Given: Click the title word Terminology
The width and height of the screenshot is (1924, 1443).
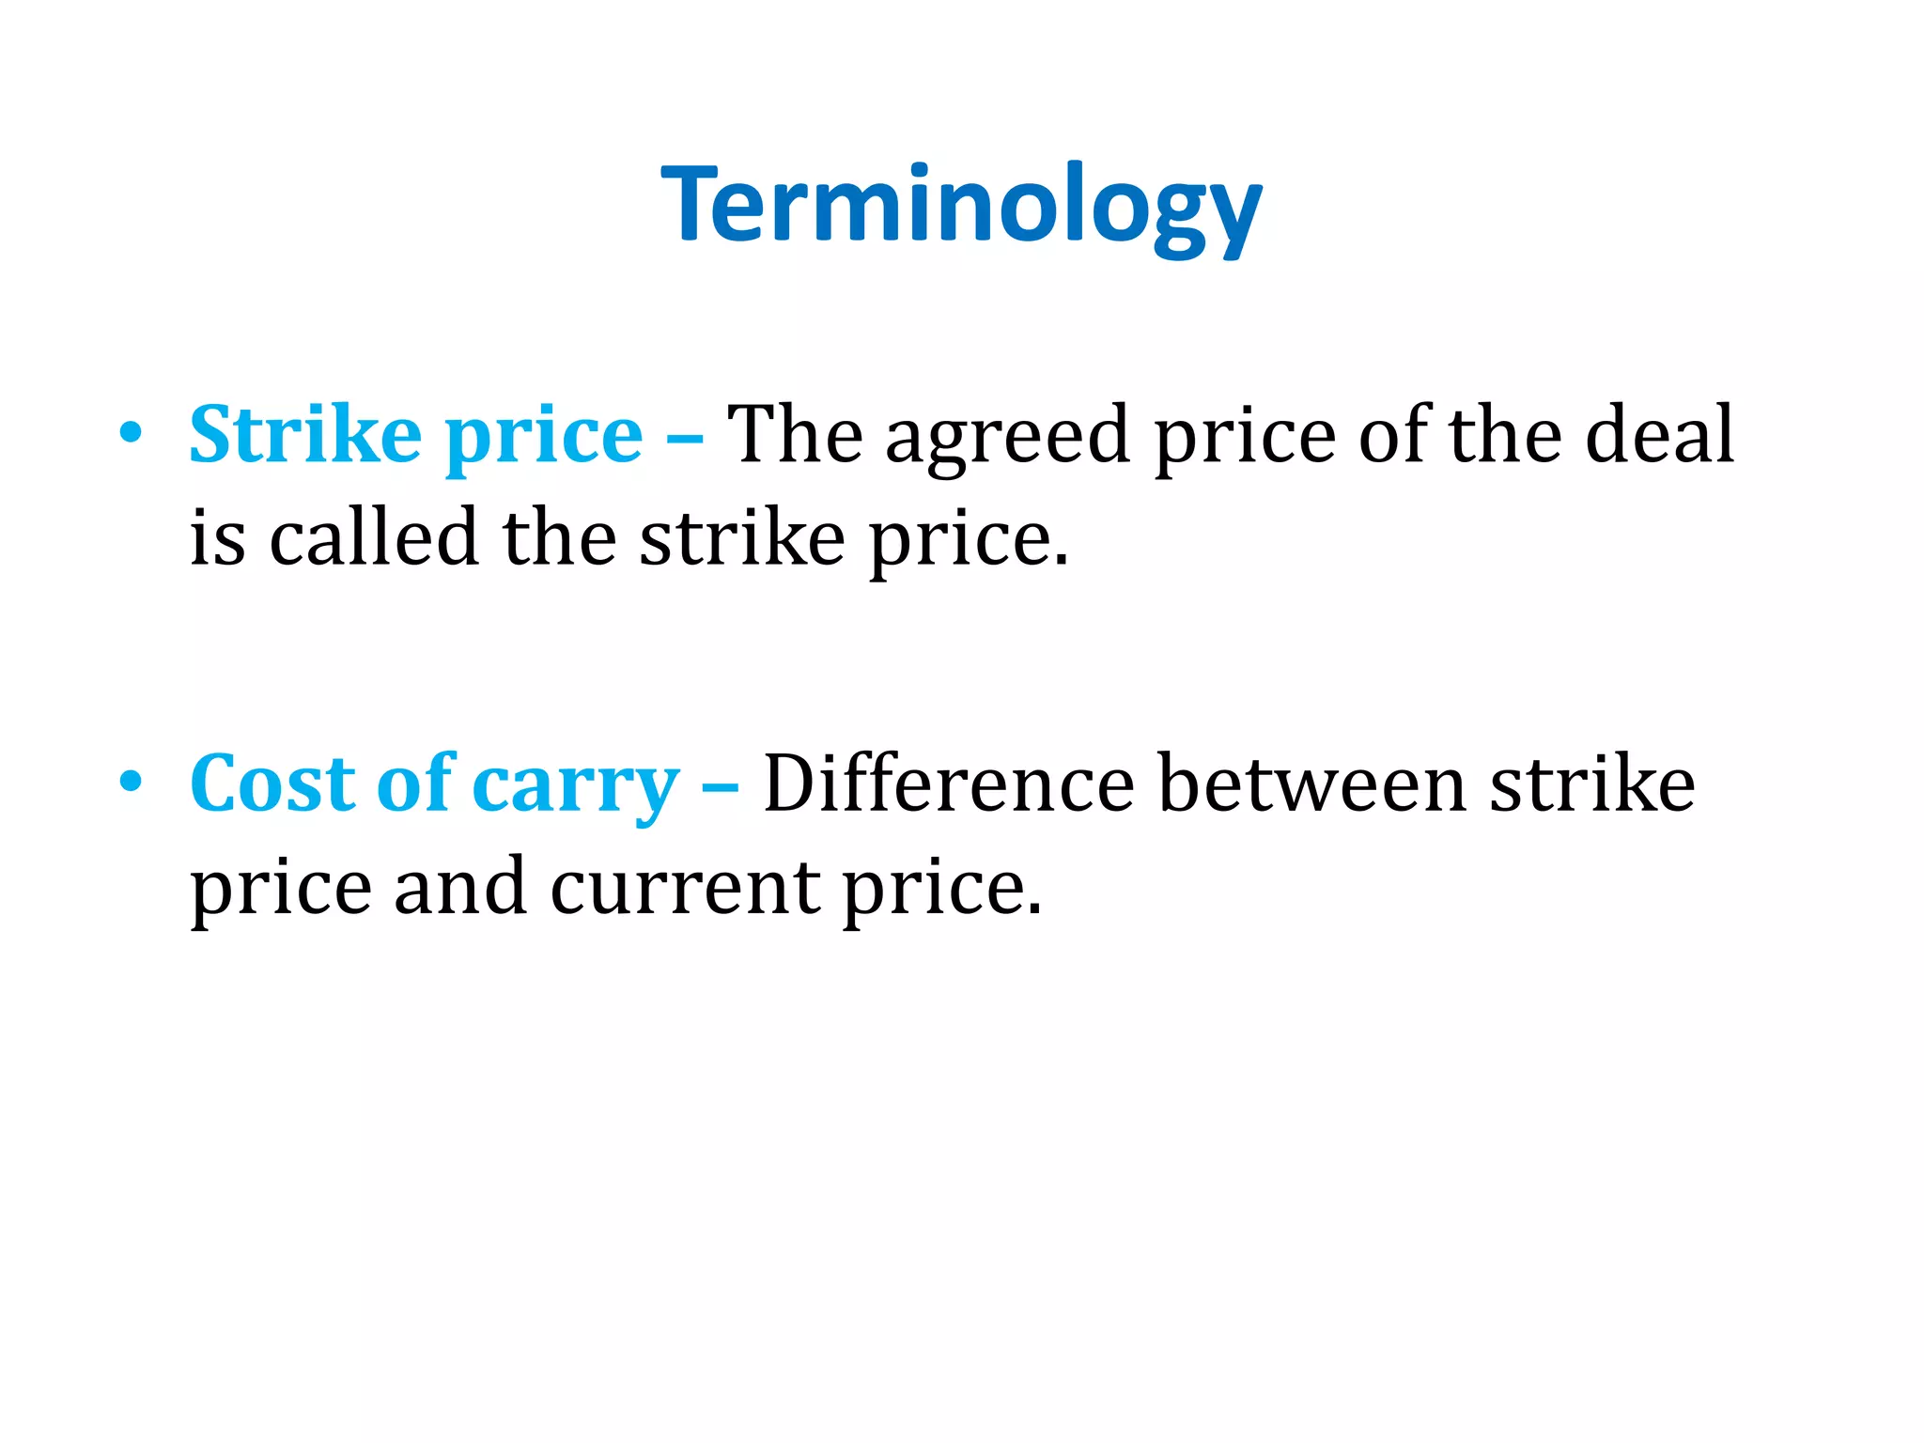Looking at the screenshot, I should pyautogui.click(x=961, y=205).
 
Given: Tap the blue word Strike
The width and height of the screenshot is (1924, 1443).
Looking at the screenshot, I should pyautogui.click(x=305, y=434).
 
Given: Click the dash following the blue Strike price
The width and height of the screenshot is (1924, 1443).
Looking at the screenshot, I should pyautogui.click(x=684, y=438).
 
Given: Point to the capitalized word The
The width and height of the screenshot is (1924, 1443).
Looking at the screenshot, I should pyautogui.click(x=795, y=434).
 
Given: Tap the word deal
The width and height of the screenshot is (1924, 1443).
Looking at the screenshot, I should pyautogui.click(x=1659, y=434).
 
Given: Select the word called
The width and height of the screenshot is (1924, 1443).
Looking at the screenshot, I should pyautogui.click(x=374, y=537).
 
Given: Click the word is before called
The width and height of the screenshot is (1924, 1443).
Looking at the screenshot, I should pyautogui.click(x=218, y=539).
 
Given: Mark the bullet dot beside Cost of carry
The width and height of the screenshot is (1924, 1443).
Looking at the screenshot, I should pyautogui.click(x=131, y=782).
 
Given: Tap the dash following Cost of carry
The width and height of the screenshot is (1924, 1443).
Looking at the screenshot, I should pyautogui.click(x=720, y=785).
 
